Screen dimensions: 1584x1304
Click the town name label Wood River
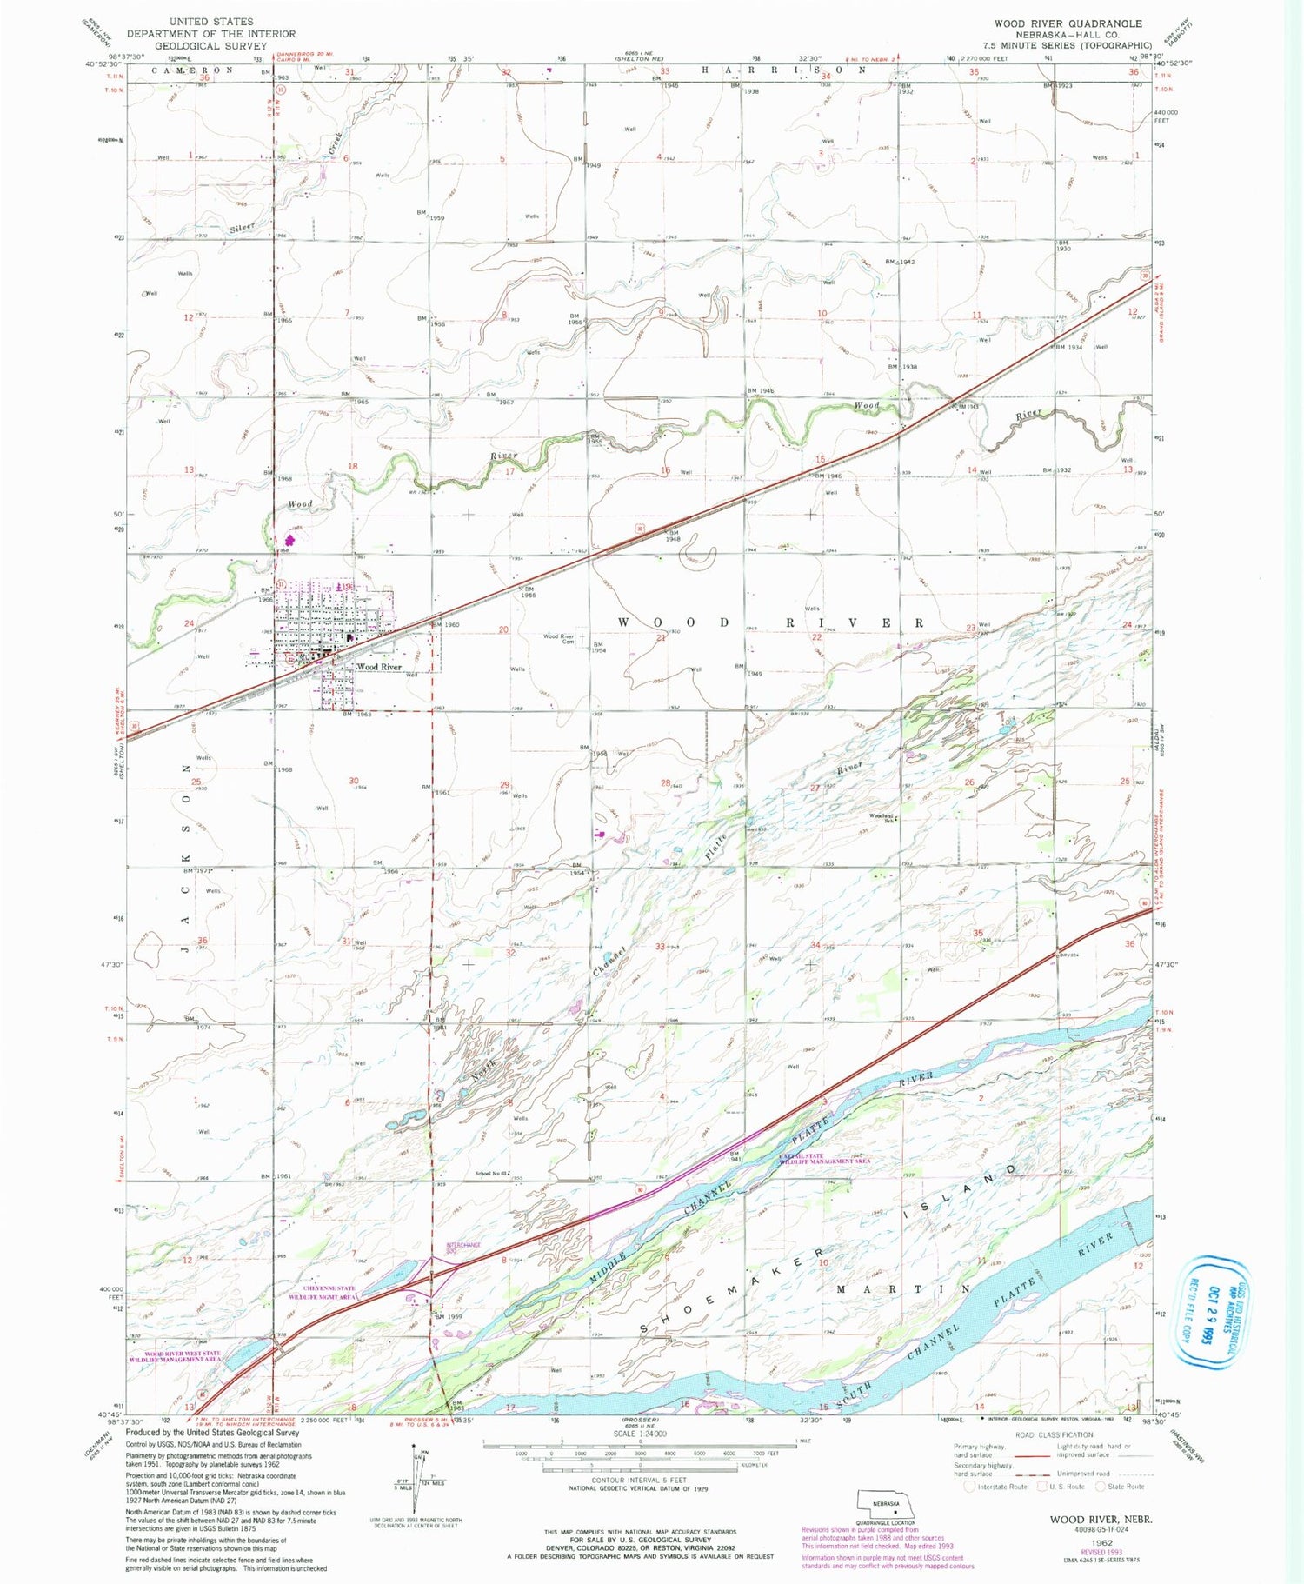(379, 667)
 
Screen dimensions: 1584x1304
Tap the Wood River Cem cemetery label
(559, 639)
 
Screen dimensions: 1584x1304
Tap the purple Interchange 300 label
(463, 1247)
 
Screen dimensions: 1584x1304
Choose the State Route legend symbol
(1101, 1486)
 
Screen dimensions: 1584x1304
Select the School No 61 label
(491, 1173)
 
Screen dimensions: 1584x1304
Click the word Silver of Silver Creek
(243, 228)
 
